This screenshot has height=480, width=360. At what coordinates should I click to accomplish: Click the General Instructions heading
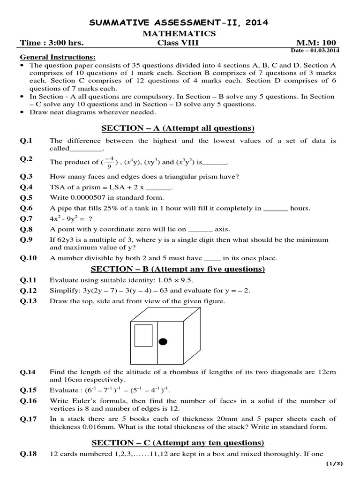click(x=58, y=57)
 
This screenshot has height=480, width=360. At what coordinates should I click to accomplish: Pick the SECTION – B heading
click(x=178, y=269)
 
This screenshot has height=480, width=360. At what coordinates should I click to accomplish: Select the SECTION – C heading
click(x=178, y=442)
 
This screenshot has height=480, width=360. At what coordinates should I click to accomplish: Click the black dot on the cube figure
click(x=163, y=341)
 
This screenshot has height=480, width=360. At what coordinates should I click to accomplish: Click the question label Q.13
click(x=28, y=301)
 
